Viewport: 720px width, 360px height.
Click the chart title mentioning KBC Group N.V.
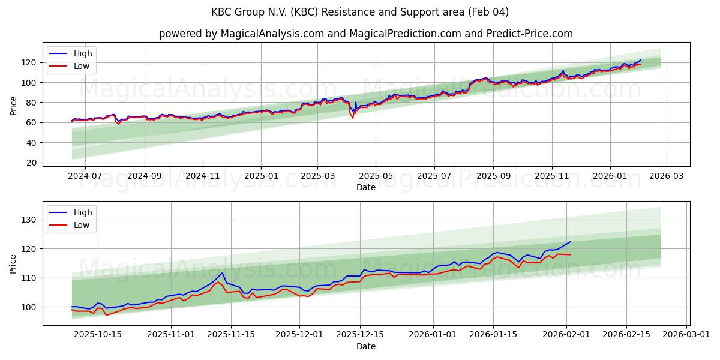360,12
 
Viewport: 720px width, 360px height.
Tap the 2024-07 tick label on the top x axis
85,176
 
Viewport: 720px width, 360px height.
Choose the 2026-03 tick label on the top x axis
667,176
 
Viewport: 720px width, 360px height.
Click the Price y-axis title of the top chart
13,106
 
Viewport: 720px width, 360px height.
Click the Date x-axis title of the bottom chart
366,346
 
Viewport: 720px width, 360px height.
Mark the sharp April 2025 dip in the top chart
352,117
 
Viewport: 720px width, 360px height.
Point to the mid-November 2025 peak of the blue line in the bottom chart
223,273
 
